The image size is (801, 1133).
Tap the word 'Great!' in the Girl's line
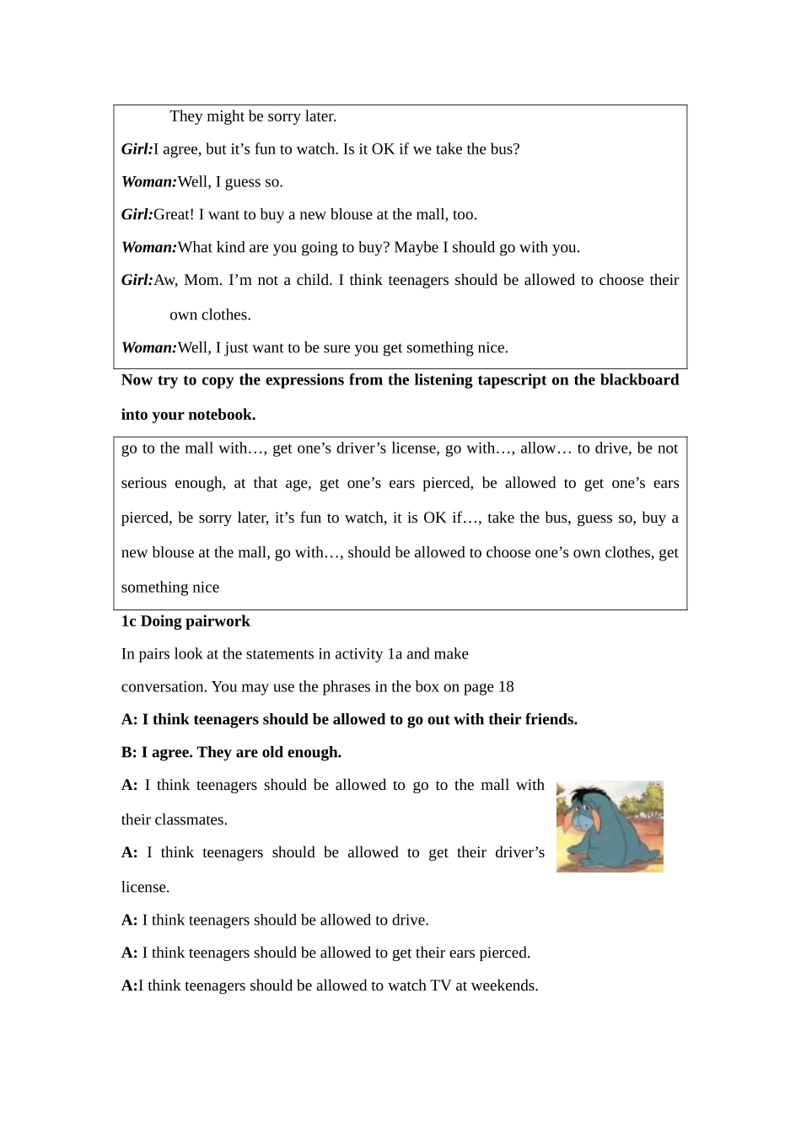pyautogui.click(x=174, y=215)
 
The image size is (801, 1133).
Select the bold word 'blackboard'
pyautogui.click(x=639, y=380)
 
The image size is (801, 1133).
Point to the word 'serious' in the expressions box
pyautogui.click(x=144, y=483)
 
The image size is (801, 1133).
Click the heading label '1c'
pyautogui.click(x=128, y=621)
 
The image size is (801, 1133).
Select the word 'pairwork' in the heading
pyautogui.click(x=221, y=621)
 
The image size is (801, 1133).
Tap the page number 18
pyautogui.click(x=506, y=687)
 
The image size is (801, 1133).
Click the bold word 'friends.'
pyautogui.click(x=548, y=720)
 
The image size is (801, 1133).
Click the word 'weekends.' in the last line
pyautogui.click(x=506, y=986)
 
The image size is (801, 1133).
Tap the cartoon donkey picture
pyautogui.click(x=610, y=827)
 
